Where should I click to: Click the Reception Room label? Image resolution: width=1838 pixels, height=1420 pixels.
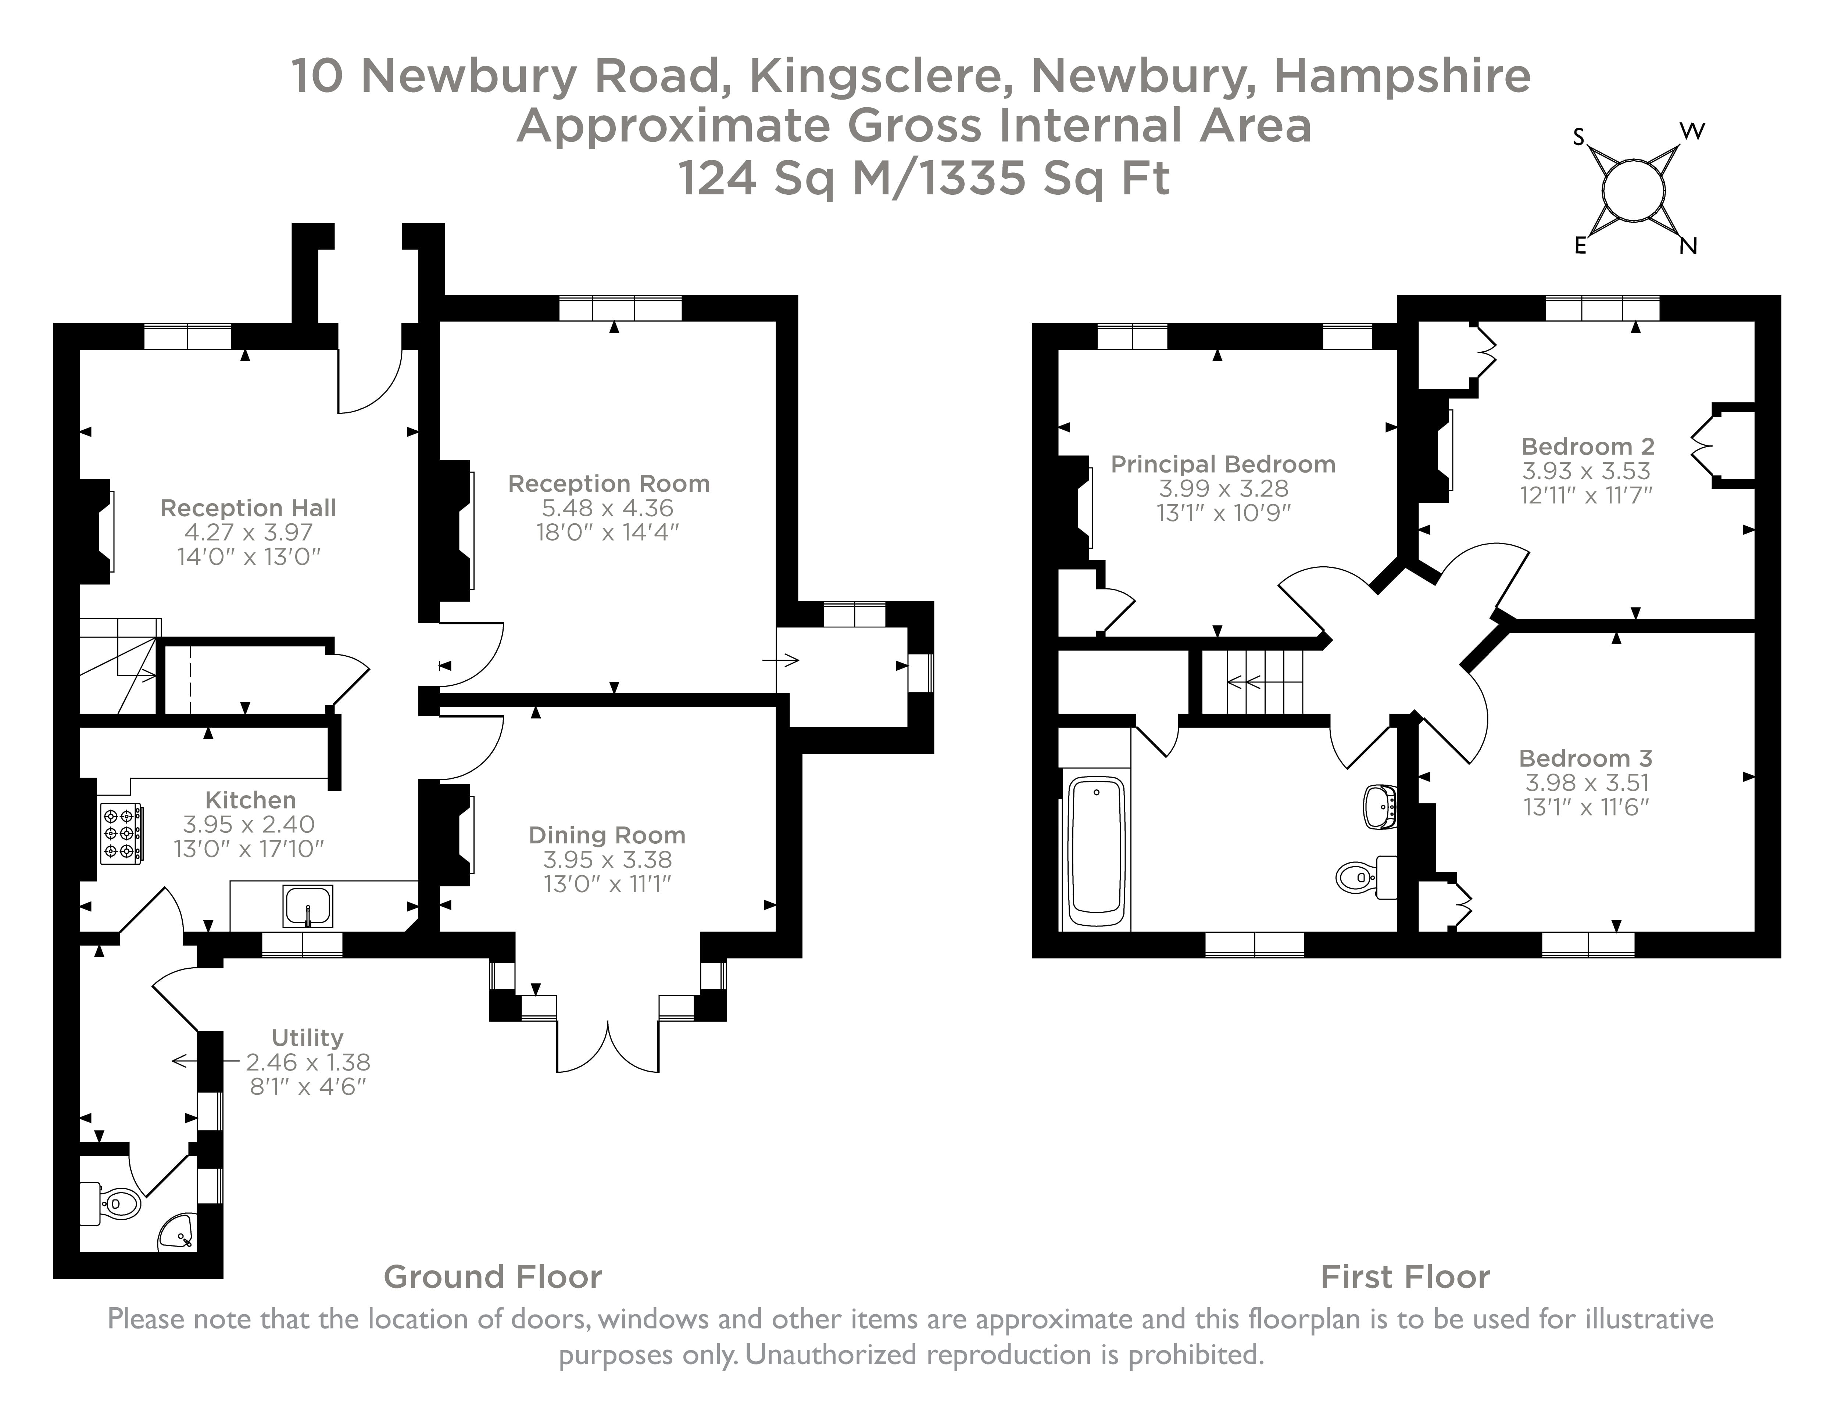click(608, 484)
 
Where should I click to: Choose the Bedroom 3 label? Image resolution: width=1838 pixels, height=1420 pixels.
click(1585, 758)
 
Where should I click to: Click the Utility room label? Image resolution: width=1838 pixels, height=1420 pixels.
click(307, 1037)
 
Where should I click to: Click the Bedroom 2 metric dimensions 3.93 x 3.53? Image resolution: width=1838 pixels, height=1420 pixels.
click(1585, 471)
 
